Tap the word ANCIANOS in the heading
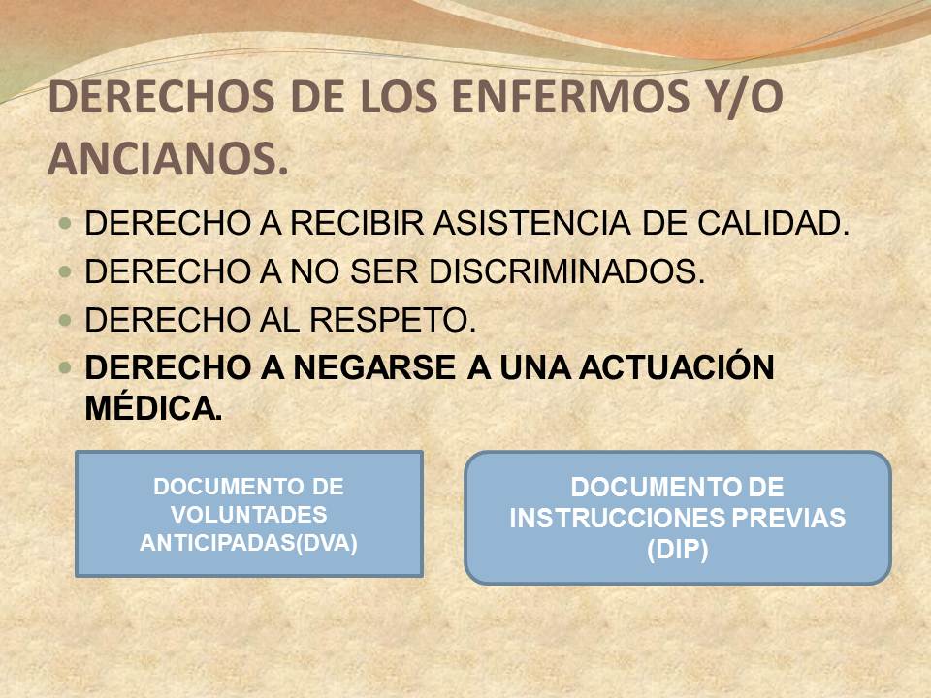click(x=168, y=159)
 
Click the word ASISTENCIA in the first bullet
click(x=531, y=224)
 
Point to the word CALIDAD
click(x=773, y=224)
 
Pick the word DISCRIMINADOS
click(x=566, y=271)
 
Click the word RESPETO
click(x=393, y=320)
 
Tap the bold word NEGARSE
click(x=374, y=367)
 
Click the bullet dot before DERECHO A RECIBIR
click(x=65, y=224)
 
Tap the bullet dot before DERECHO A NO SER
click(x=65, y=271)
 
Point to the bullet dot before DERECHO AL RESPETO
click(x=65, y=321)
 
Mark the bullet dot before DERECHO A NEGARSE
click(x=65, y=368)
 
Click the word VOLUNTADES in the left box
click(x=249, y=515)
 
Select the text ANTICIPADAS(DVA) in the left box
click(x=249, y=543)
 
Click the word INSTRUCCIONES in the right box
click(x=618, y=518)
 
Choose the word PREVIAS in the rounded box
click(x=788, y=518)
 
